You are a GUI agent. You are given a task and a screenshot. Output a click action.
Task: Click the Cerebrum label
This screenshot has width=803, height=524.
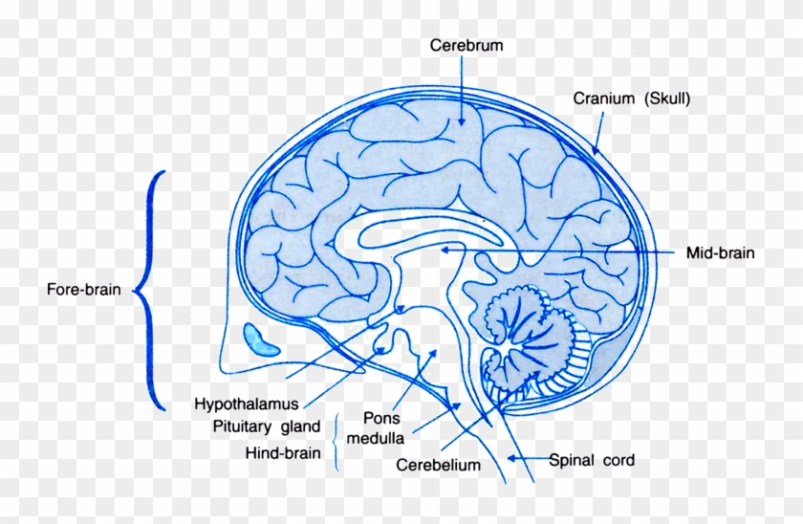click(x=467, y=46)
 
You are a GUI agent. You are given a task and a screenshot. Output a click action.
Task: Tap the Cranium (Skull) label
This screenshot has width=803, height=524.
click(x=632, y=98)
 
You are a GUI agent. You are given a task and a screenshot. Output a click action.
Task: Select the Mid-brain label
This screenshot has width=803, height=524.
click(x=720, y=252)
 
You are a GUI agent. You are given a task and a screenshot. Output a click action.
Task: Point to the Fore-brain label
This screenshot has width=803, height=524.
click(x=84, y=290)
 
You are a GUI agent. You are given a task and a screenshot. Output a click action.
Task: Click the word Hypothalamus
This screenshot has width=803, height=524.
click(x=247, y=404)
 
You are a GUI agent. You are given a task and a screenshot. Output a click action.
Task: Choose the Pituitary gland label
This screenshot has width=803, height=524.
click(x=267, y=426)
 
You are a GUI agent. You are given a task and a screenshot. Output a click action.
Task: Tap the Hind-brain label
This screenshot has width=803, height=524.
click(x=283, y=453)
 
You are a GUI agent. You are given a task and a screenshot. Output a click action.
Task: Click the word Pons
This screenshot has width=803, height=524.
click(x=381, y=418)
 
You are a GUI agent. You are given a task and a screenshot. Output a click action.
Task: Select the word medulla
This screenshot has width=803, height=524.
click(x=376, y=439)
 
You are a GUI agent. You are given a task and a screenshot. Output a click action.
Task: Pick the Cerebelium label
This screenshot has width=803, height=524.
click(x=439, y=465)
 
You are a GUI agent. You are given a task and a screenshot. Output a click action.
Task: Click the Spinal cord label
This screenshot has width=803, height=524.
click(x=592, y=460)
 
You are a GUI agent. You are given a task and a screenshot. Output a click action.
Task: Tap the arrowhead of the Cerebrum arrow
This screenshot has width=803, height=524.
click(x=462, y=120)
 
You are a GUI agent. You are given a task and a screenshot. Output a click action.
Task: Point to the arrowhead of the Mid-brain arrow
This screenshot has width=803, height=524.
click(x=445, y=250)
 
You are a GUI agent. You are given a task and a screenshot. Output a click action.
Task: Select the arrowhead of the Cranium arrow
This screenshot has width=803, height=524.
click(x=595, y=149)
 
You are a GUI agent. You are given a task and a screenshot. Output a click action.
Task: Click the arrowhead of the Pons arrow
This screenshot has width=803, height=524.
click(x=433, y=354)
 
